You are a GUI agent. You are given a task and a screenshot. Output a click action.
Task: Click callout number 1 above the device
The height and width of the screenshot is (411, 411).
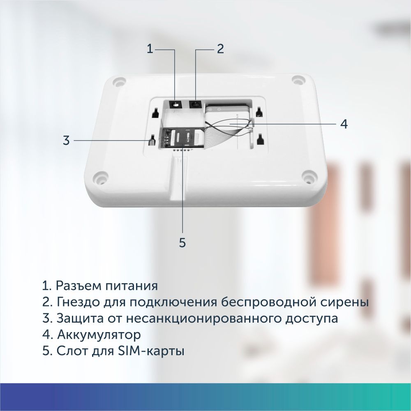[x=150, y=49]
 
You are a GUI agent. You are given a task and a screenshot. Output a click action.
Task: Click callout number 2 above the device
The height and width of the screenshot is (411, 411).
[x=220, y=49]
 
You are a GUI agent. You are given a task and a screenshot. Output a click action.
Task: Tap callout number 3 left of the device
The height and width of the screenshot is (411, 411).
[x=66, y=140]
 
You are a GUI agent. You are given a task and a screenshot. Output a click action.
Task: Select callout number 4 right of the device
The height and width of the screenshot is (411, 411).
[x=344, y=124]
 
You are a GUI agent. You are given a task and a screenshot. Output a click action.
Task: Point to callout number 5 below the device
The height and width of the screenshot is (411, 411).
[x=182, y=242]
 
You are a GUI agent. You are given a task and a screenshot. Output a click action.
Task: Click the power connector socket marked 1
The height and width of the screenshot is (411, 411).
[x=175, y=104]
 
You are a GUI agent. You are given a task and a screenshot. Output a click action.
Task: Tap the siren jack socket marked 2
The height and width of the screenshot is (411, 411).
[x=195, y=104]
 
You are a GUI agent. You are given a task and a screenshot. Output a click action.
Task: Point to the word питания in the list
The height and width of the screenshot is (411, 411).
[x=132, y=286]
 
